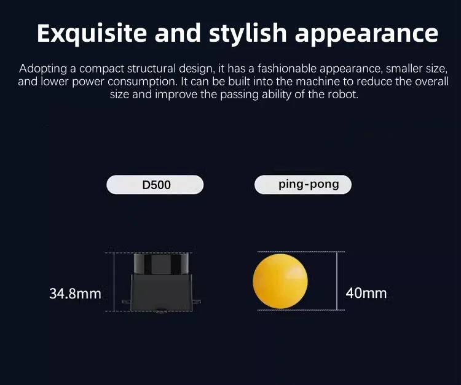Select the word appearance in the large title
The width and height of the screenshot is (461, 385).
(x=366, y=33)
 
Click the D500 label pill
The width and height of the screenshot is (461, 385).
(x=156, y=185)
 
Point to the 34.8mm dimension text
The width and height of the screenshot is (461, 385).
(x=75, y=294)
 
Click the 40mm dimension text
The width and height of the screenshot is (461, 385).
(x=366, y=293)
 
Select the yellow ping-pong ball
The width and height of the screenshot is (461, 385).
(x=280, y=281)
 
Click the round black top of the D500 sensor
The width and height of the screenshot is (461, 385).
(x=160, y=263)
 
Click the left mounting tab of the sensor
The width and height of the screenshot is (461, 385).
(x=125, y=301)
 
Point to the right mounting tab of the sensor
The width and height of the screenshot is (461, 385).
(x=197, y=301)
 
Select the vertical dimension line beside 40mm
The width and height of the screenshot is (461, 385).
(x=337, y=281)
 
